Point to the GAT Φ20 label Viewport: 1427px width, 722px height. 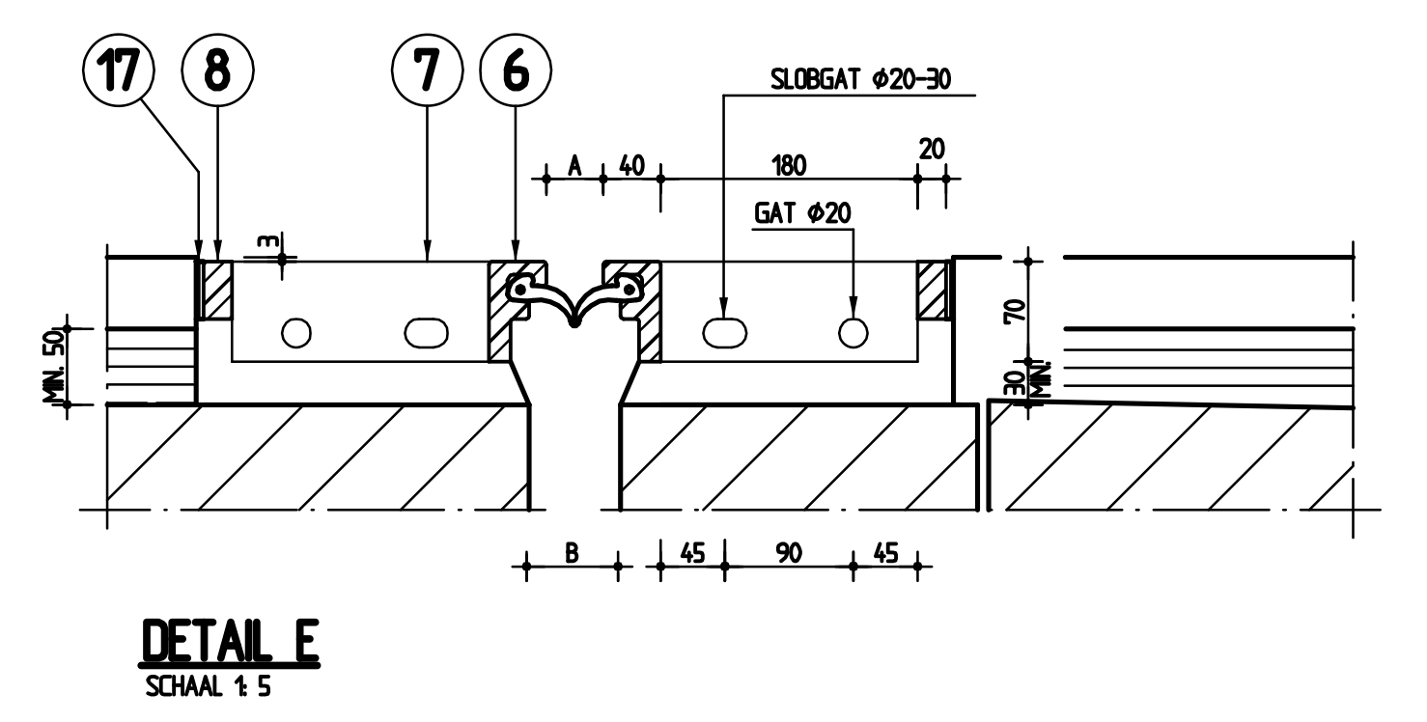(x=802, y=214)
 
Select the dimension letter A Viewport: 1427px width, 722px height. (x=574, y=165)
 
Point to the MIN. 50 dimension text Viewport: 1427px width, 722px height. (x=57, y=365)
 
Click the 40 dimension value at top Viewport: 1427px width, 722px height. (x=631, y=165)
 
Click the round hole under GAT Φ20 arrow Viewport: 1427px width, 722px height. (x=853, y=332)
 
